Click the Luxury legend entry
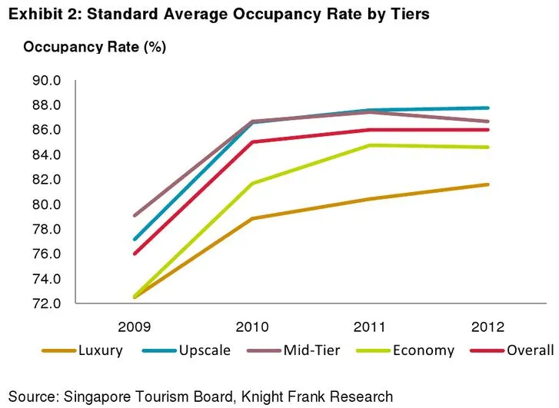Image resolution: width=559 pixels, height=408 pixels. tap(99, 350)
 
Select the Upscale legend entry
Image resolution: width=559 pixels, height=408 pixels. tap(205, 350)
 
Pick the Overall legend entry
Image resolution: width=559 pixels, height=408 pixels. tap(529, 350)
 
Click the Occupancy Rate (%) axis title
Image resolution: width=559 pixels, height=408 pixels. tap(95, 47)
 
